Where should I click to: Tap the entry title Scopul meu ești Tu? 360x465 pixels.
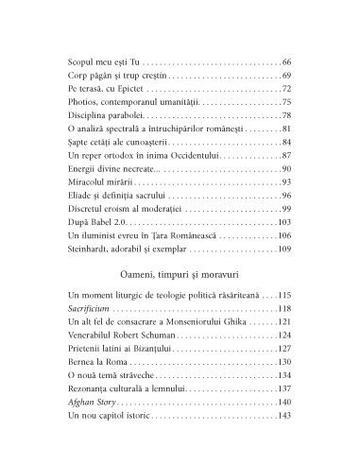click(104, 60)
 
